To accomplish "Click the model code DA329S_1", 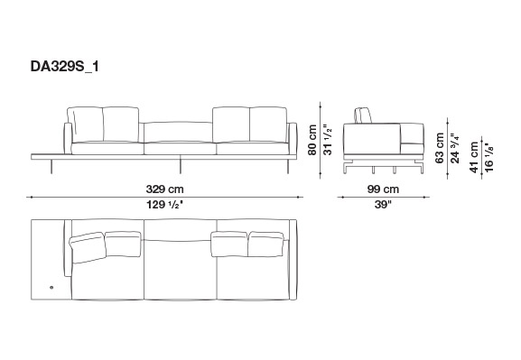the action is click(64, 67).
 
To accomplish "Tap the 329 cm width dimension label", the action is click(165, 189).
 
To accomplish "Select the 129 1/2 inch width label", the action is click(165, 205).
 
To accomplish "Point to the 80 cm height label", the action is click(312, 140).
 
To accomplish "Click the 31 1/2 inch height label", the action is click(327, 140).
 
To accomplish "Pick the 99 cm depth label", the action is click(383, 189).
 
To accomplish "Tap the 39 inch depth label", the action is click(383, 205).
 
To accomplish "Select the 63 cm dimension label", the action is click(439, 148).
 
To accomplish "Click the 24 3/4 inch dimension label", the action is click(454, 148).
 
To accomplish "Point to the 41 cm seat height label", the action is click(474, 157).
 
